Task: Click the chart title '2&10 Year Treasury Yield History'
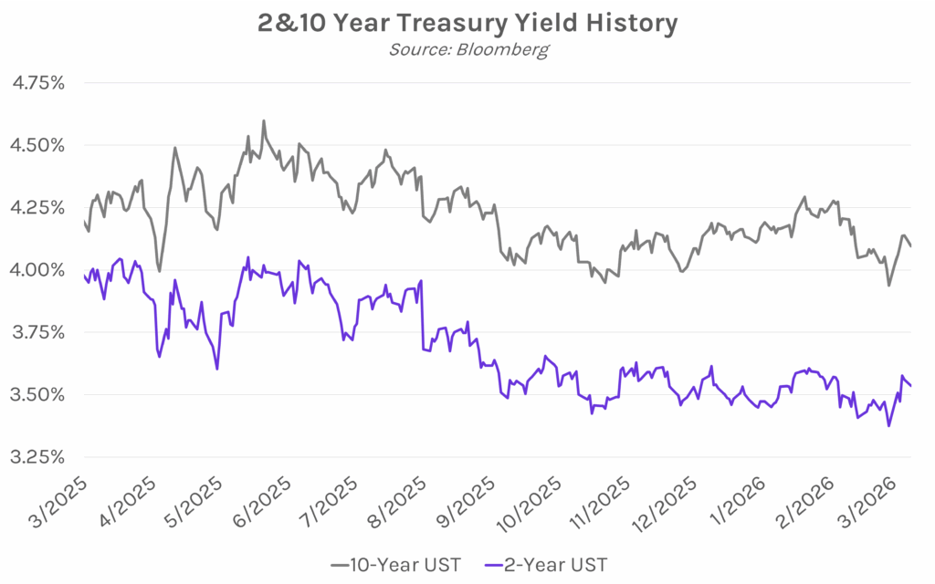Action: click(x=467, y=23)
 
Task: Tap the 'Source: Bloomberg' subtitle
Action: click(x=467, y=49)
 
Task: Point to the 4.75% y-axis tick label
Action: click(x=37, y=83)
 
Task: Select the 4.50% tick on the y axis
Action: click(x=37, y=145)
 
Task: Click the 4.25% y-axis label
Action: click(x=37, y=207)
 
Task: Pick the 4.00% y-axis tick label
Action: click(x=37, y=270)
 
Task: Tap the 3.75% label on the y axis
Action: click(x=37, y=332)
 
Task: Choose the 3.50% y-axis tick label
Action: click(x=37, y=394)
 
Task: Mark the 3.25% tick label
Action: click(x=37, y=456)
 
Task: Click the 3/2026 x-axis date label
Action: click(x=881, y=498)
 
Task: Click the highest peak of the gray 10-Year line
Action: click(x=264, y=120)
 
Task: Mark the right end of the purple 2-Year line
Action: click(x=910, y=385)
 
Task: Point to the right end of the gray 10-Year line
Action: click(x=910, y=245)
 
